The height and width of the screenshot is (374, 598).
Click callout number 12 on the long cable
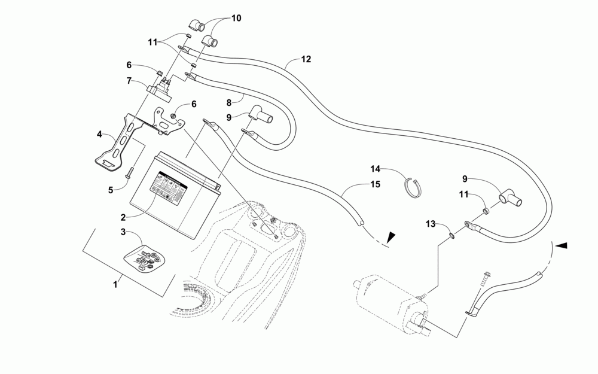tap(306, 59)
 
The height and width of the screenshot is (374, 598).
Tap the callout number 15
tap(376, 184)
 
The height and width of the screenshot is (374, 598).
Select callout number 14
tap(376, 169)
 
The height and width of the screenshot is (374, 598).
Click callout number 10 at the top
tap(236, 19)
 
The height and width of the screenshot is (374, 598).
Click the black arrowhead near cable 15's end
tap(391, 237)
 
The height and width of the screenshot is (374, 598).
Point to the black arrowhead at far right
tap(562, 245)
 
